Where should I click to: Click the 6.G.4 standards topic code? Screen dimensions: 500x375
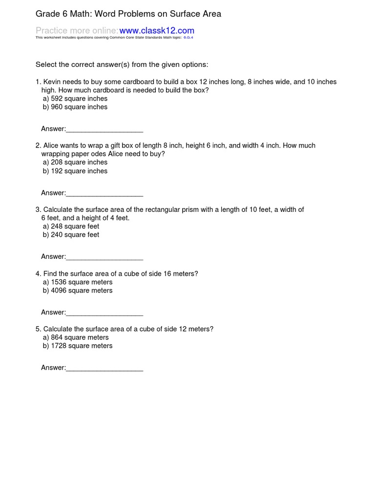coord(188,37)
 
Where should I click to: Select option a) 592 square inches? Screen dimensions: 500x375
coord(75,99)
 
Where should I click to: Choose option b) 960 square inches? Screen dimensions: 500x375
coord(75,107)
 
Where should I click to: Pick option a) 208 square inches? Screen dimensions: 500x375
coord(75,162)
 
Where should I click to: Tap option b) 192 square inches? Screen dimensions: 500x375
coord(75,171)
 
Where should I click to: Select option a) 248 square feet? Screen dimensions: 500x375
coord(71,226)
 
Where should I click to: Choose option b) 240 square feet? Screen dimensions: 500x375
coord(71,234)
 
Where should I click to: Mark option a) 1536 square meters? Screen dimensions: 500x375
coord(78,282)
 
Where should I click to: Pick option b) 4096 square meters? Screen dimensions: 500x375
coord(78,291)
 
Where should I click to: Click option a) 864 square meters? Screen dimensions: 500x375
coord(76,337)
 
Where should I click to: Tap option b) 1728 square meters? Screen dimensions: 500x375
coord(78,346)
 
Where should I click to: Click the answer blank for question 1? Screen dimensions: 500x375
coord(104,129)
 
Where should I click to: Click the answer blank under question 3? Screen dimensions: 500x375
coord(104,257)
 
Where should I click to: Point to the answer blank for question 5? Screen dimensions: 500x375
coord(104,368)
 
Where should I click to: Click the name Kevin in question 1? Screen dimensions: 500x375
coord(53,82)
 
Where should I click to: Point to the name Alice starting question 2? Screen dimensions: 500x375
coord(52,146)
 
